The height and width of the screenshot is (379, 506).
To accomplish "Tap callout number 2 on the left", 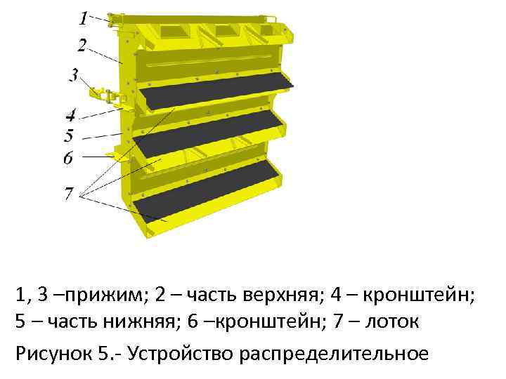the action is [82, 46].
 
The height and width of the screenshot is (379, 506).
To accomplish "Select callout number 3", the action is [73, 74].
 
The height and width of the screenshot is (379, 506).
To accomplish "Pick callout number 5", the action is [69, 135].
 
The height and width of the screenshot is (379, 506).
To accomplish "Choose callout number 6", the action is [68, 158].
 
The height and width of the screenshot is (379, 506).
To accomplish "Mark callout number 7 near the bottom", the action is [69, 193].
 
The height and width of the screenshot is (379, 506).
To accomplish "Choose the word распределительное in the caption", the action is [334, 352].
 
